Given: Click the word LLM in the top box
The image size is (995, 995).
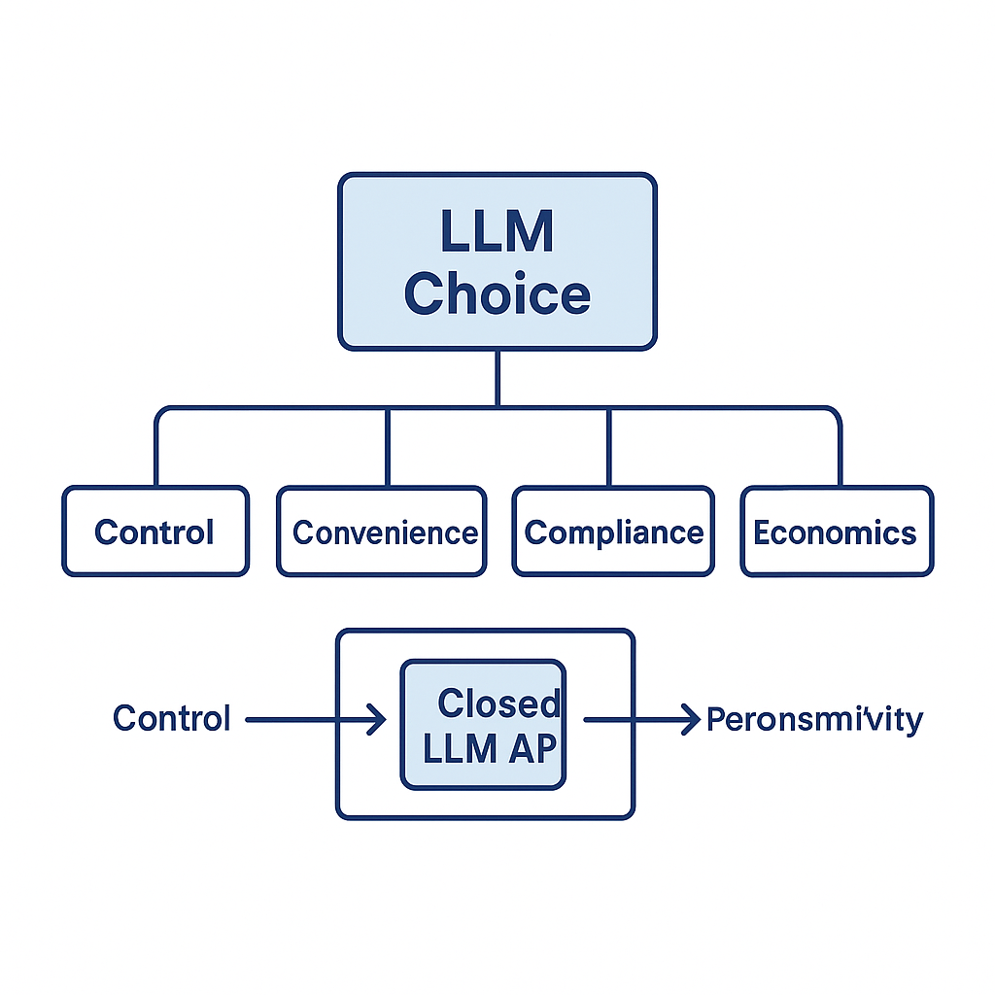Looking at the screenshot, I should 497,232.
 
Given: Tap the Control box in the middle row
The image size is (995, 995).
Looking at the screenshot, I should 155,532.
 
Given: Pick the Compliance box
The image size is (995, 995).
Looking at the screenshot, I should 613,532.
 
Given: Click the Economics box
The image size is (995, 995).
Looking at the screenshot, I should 836,532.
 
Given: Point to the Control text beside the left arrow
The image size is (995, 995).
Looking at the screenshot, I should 172,719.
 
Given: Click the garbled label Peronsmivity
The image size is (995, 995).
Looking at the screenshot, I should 814,720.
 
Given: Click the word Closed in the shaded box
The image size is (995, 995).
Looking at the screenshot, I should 498,703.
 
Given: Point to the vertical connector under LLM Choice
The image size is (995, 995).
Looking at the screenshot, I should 497,378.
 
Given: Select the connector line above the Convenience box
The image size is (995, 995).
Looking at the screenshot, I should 387,447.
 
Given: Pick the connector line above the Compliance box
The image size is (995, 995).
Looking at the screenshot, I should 608,447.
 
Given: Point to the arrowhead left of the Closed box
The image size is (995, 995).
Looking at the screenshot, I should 376,720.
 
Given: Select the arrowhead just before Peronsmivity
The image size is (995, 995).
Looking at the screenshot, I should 690,720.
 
